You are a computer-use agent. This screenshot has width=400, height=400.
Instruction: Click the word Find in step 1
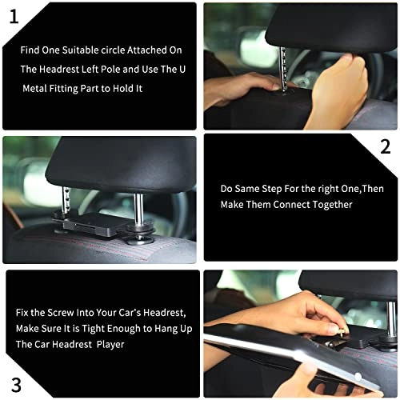point(32,50)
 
